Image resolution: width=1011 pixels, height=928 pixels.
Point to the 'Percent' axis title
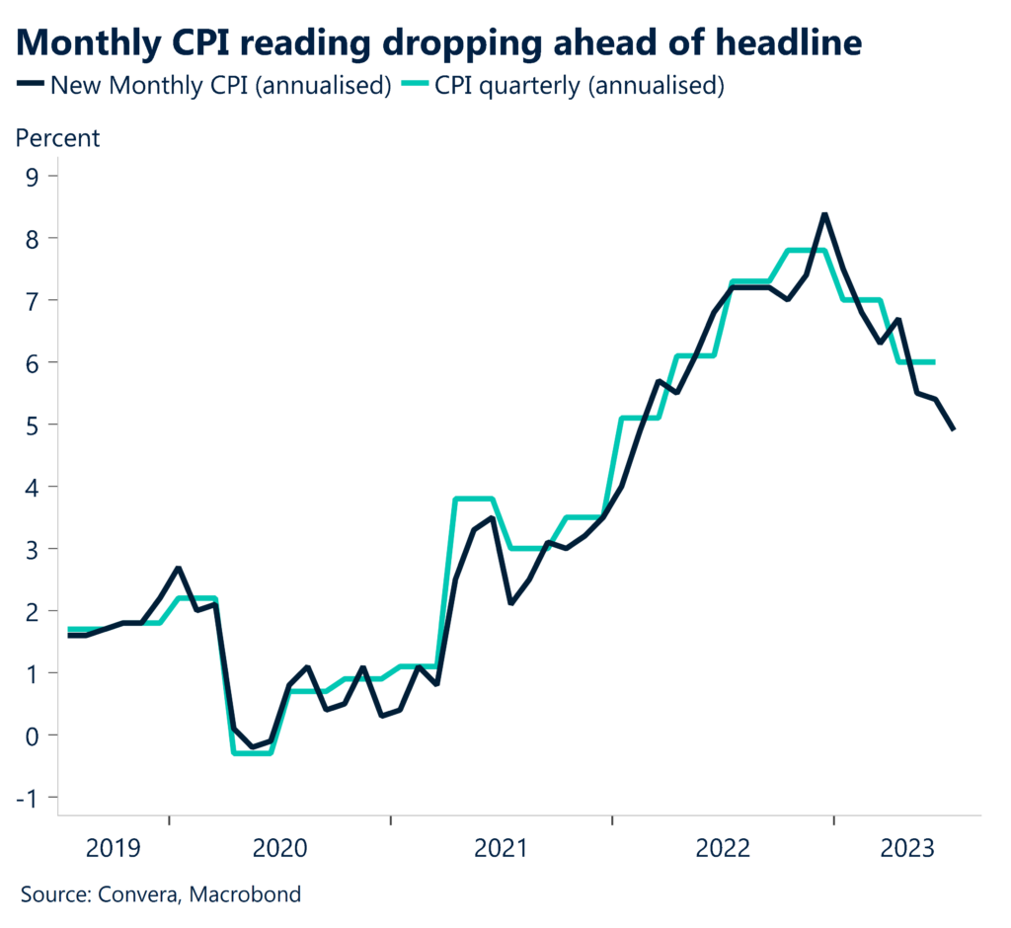pyautogui.click(x=57, y=138)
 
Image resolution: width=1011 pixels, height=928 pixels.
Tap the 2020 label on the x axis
pyautogui.click(x=279, y=848)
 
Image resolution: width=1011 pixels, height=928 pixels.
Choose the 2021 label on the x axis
pyautogui.click(x=503, y=848)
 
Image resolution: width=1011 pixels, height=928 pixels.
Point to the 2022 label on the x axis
pyautogui.click(x=724, y=848)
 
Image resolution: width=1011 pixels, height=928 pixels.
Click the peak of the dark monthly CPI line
pyautogui.click(x=824, y=213)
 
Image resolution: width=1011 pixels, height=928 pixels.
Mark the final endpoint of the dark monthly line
pyautogui.click(x=954, y=429)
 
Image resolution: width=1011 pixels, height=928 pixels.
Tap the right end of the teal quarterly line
pyautogui.click(x=935, y=362)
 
